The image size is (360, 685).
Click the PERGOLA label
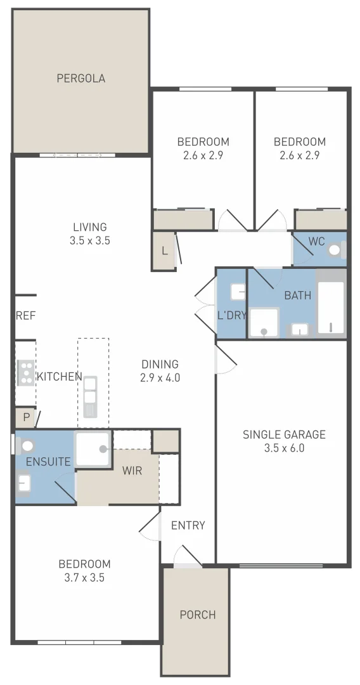(x=80, y=79)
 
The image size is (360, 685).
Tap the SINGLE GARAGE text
(x=284, y=434)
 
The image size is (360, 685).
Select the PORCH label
(x=197, y=615)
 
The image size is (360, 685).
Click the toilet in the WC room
(x=335, y=250)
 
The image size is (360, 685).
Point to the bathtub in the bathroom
(x=330, y=308)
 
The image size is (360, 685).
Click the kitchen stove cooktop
(x=25, y=373)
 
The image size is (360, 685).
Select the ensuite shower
(x=93, y=448)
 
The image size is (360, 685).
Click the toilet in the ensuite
(x=27, y=446)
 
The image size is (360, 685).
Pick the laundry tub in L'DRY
(x=238, y=292)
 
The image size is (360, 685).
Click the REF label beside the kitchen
(x=25, y=315)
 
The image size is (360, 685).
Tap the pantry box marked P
(x=26, y=418)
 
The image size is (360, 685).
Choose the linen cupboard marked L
(x=165, y=251)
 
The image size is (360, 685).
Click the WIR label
(x=132, y=471)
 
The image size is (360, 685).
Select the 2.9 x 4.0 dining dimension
(x=160, y=378)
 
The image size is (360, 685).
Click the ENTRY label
(x=188, y=525)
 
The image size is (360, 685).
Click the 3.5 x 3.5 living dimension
(x=89, y=240)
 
